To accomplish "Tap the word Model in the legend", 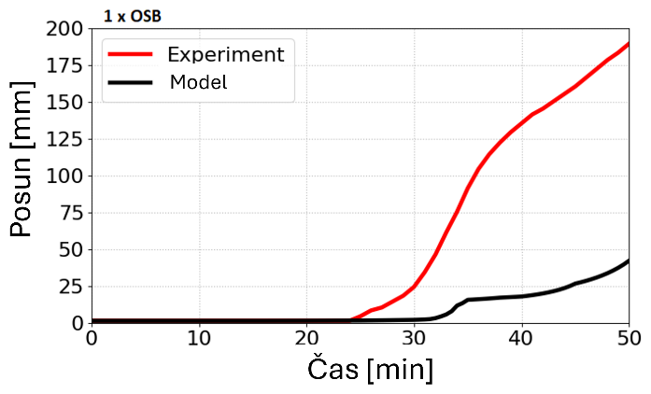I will pos(198,82).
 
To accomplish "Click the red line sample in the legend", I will pos(130,53).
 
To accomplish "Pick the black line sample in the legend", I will pos(130,82).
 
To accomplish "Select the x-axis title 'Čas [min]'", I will pos(370,370).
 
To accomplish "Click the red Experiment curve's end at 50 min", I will pos(629,43).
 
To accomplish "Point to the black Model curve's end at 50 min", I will pos(629,260).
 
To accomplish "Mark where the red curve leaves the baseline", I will pos(351,319).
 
